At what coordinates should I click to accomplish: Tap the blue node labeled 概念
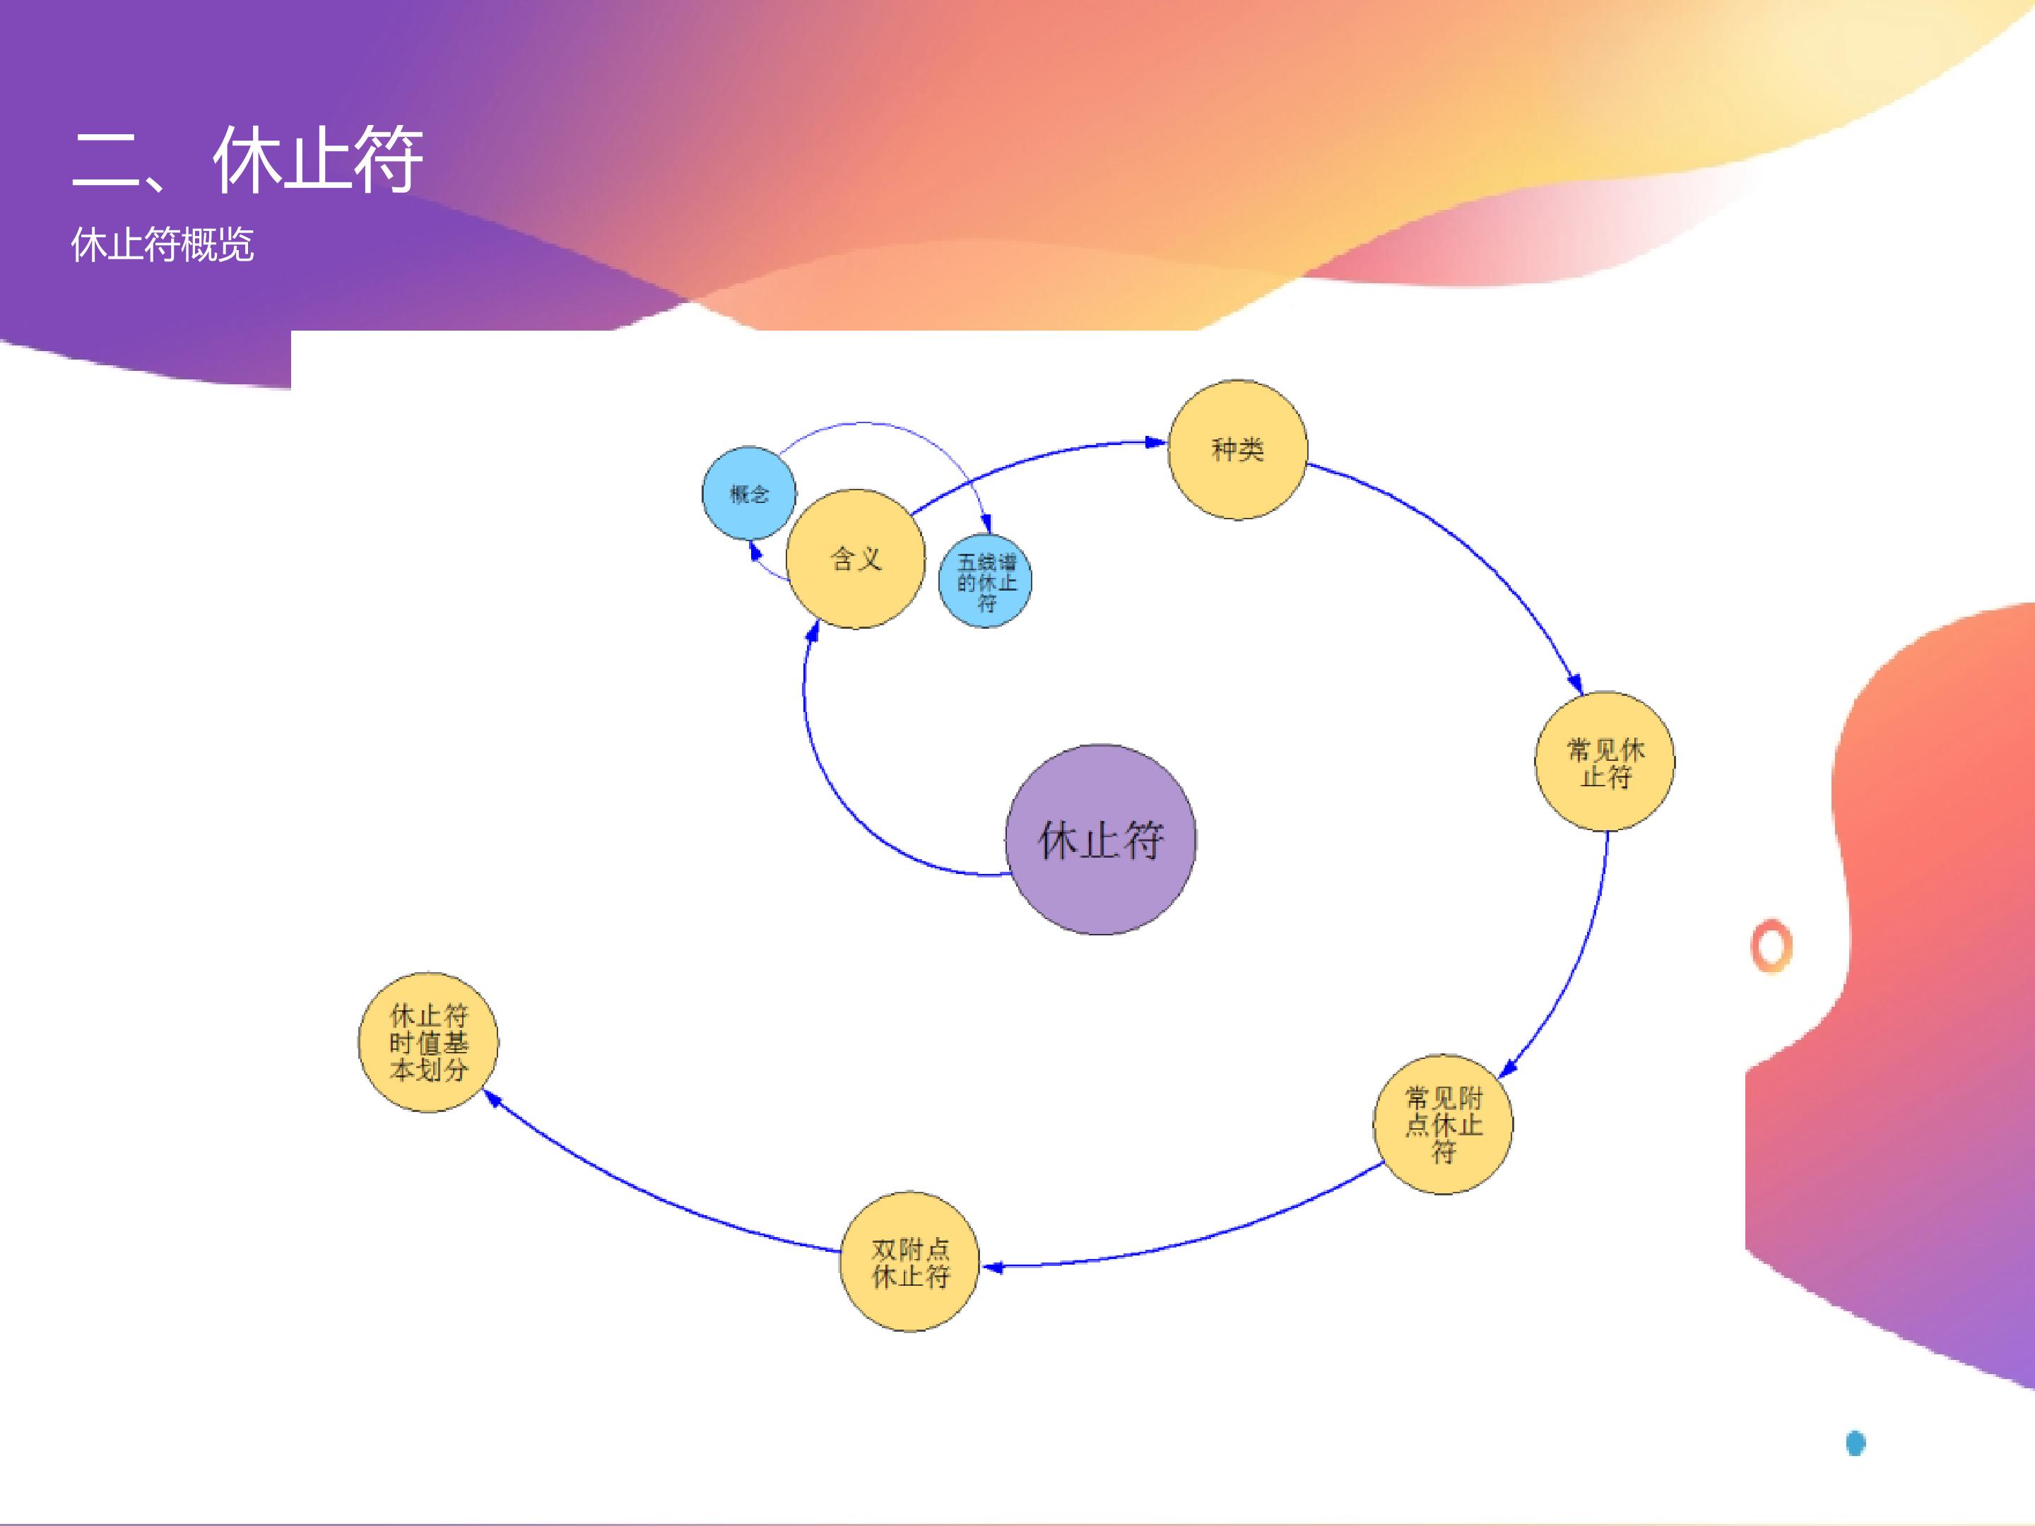point(749,494)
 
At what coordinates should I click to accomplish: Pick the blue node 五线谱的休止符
point(985,581)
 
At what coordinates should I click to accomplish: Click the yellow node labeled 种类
point(1237,450)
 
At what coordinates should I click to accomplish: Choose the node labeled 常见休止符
point(1605,762)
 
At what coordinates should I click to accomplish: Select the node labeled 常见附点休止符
point(1444,1124)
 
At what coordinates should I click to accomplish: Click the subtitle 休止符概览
point(162,244)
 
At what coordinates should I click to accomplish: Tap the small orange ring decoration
point(1771,945)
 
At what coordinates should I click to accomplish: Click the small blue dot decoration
point(1856,1443)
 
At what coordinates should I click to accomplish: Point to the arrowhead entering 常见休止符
point(1576,683)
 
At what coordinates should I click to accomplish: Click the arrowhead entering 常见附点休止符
point(1507,1068)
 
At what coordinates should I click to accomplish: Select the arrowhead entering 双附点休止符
point(993,1267)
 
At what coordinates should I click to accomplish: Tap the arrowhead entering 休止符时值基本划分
point(493,1097)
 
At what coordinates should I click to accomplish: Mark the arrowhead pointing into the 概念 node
point(755,550)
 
